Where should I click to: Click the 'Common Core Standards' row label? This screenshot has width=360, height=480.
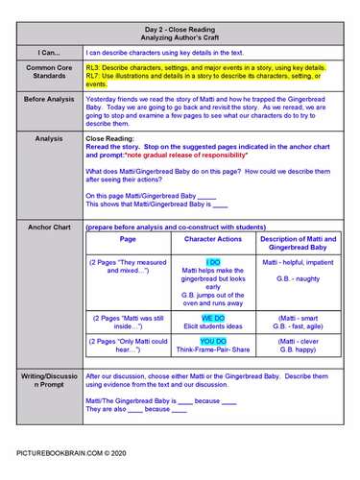tap(48, 75)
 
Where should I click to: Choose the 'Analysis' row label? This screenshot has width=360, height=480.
tap(48, 138)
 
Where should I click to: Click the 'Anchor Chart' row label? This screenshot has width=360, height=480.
tap(48, 228)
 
